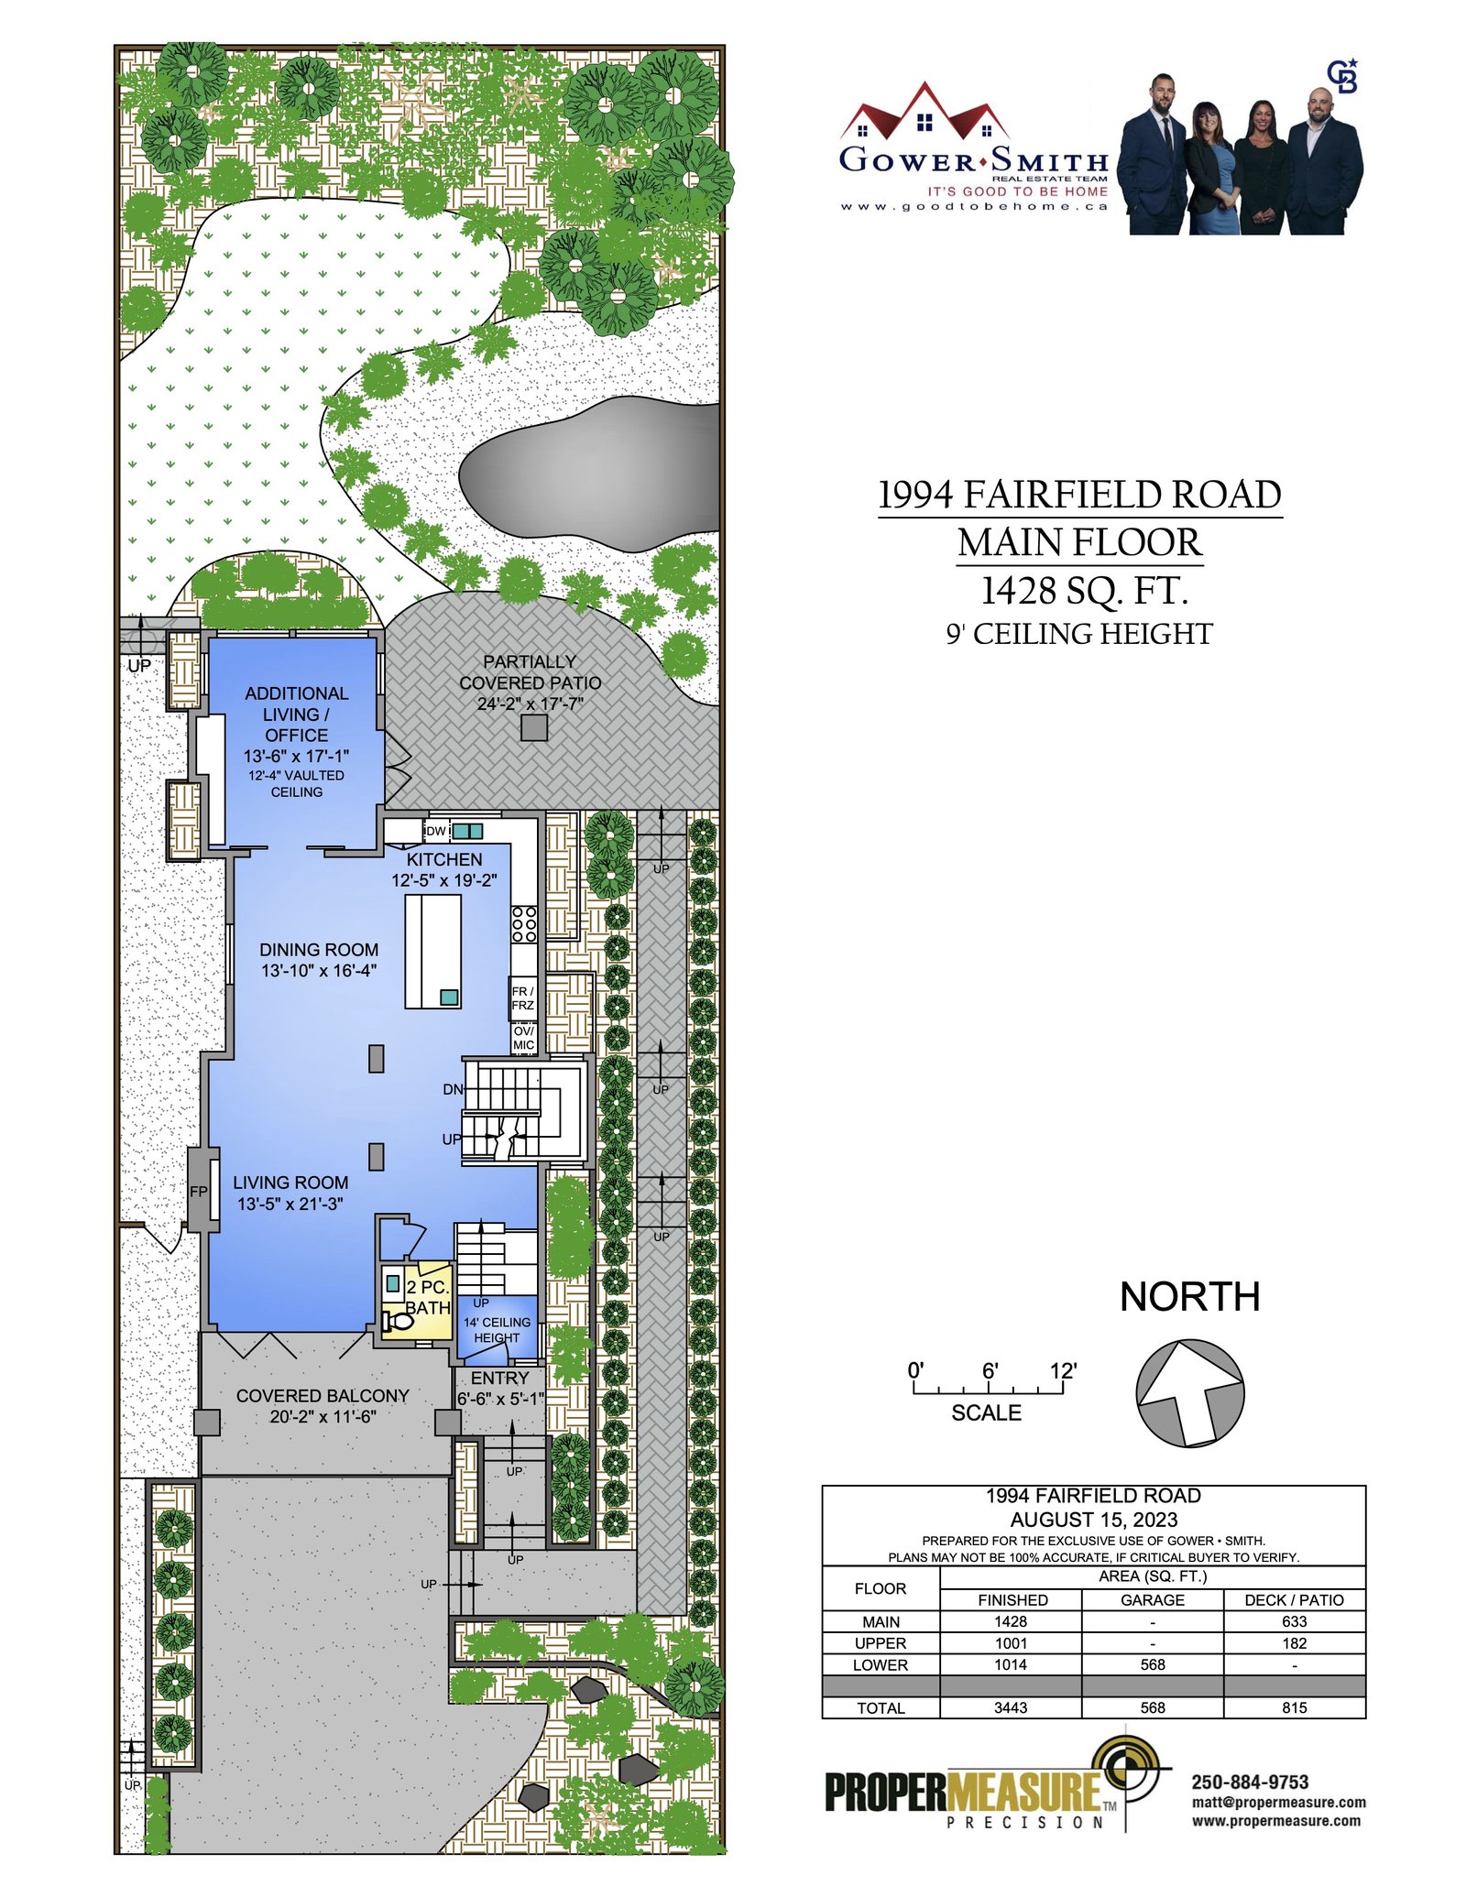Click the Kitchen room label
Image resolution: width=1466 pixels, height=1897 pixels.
pyautogui.click(x=444, y=859)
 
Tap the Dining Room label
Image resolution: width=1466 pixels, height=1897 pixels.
pyautogui.click(x=319, y=950)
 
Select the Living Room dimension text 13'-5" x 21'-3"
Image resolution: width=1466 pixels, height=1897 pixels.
pyautogui.click(x=290, y=1204)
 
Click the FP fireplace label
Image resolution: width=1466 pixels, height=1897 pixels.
pyautogui.click(x=199, y=1192)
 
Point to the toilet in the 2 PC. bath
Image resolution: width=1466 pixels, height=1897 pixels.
pyautogui.click(x=398, y=1321)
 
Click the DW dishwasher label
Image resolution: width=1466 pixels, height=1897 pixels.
pyautogui.click(x=436, y=831)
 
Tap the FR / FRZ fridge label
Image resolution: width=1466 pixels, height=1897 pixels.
pyautogui.click(x=522, y=998)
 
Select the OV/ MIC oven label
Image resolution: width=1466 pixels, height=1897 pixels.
pyautogui.click(x=523, y=1038)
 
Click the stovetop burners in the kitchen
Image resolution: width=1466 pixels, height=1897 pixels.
pyautogui.click(x=524, y=924)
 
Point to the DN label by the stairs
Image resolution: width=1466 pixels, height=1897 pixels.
pyautogui.click(x=453, y=1089)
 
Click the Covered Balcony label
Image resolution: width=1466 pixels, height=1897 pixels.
pyautogui.click(x=323, y=1396)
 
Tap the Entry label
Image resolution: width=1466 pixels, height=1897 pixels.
pyautogui.click(x=500, y=1378)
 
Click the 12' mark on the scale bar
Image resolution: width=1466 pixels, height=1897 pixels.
pyautogui.click(x=1063, y=1371)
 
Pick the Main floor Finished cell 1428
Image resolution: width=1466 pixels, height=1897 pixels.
pyautogui.click(x=1011, y=1621)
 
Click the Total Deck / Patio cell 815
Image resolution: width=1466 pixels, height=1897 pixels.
pyautogui.click(x=1294, y=1707)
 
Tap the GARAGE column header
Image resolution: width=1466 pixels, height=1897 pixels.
pyautogui.click(x=1153, y=1599)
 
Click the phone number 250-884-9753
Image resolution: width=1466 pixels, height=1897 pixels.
pyautogui.click(x=1250, y=1782)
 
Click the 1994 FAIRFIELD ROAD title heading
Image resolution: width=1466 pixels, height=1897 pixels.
pyautogui.click(x=1079, y=495)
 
